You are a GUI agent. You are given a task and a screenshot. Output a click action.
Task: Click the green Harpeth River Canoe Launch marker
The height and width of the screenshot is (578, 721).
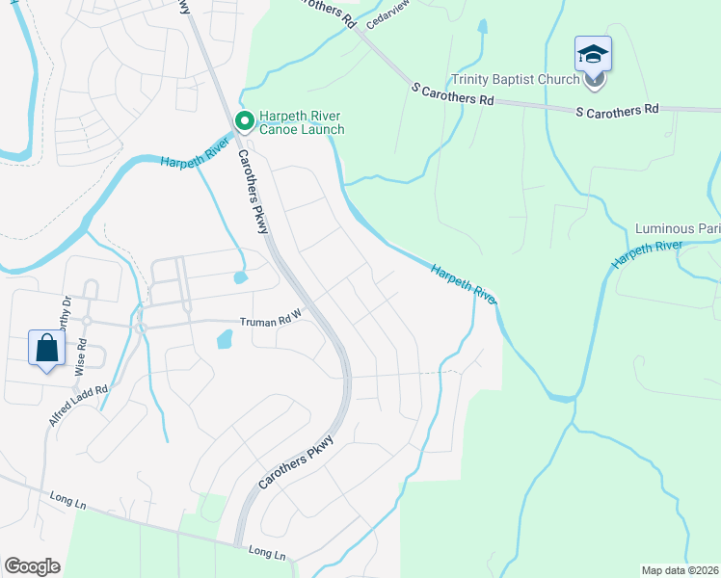[244, 121]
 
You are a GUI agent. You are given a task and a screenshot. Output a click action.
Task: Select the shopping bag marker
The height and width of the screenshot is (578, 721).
[47, 349]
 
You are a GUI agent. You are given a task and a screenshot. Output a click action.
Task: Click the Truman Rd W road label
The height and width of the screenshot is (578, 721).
[271, 323]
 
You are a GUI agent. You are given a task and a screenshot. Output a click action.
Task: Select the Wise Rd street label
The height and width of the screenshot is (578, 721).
[82, 355]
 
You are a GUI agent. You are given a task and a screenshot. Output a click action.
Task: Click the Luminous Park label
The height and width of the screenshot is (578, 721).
[677, 229]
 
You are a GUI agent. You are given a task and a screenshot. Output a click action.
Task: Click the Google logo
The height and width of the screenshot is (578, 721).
[32, 566]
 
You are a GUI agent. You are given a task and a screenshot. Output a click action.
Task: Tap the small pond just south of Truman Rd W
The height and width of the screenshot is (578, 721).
[225, 338]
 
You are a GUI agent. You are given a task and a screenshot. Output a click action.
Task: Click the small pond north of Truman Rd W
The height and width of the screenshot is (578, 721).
[240, 278]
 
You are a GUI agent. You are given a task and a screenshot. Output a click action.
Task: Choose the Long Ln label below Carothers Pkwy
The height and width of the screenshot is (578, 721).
[267, 553]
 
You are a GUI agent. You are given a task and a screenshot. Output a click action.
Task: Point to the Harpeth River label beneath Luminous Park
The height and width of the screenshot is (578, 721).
[646, 253]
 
